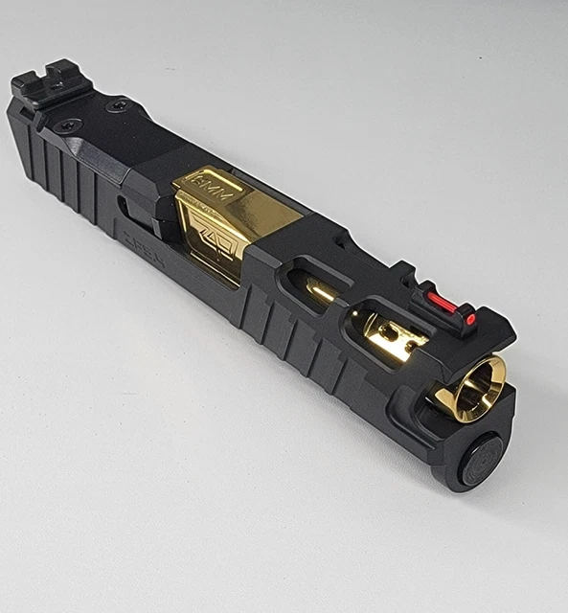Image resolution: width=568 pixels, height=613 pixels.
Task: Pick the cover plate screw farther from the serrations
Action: [x=119, y=105]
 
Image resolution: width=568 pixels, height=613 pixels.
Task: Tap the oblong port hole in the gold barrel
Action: [x=391, y=334]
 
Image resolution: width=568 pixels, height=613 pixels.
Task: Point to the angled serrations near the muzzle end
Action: [x=287, y=335]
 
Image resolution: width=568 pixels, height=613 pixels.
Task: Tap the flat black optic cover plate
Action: [x=115, y=125]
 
